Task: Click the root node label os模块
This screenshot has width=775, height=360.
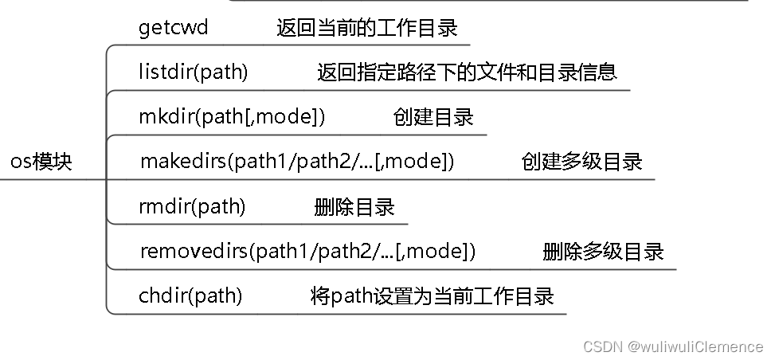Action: [x=41, y=162]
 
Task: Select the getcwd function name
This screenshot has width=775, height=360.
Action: [x=173, y=28]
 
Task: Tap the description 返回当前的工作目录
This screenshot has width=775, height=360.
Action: [x=367, y=29]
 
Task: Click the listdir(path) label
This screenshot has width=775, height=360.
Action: [x=193, y=72]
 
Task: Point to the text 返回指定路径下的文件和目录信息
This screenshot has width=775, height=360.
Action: [x=467, y=72]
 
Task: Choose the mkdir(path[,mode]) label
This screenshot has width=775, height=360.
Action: [x=232, y=117]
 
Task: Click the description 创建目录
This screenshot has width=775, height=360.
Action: [x=433, y=118]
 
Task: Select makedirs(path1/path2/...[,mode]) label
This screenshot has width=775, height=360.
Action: [x=297, y=162]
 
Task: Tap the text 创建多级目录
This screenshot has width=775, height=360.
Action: [x=582, y=162]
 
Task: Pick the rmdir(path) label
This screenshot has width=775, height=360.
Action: [x=192, y=207]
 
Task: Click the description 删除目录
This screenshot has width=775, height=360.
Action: [x=354, y=208]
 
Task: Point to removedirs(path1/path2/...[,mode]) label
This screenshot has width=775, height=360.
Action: [x=307, y=252]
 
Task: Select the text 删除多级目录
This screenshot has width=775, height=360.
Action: [x=603, y=252]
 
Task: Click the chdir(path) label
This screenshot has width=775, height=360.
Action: [x=190, y=296]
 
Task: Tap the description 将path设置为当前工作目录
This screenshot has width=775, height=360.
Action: [x=432, y=297]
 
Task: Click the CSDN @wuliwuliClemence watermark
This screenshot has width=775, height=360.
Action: [x=673, y=346]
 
